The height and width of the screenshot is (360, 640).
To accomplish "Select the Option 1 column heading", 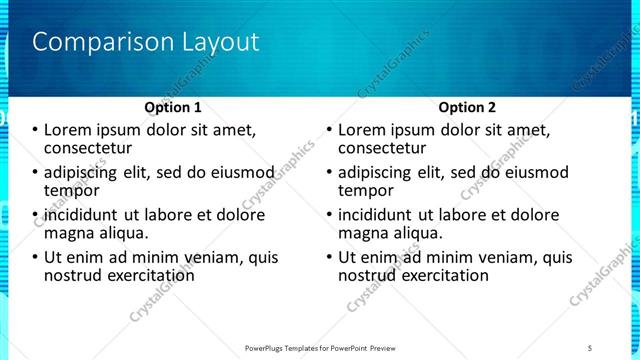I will [172, 107].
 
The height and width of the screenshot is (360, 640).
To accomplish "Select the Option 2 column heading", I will [466, 107].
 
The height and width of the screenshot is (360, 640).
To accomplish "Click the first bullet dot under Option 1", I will [35, 131].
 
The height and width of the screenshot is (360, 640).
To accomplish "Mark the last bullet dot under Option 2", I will [329, 258].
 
